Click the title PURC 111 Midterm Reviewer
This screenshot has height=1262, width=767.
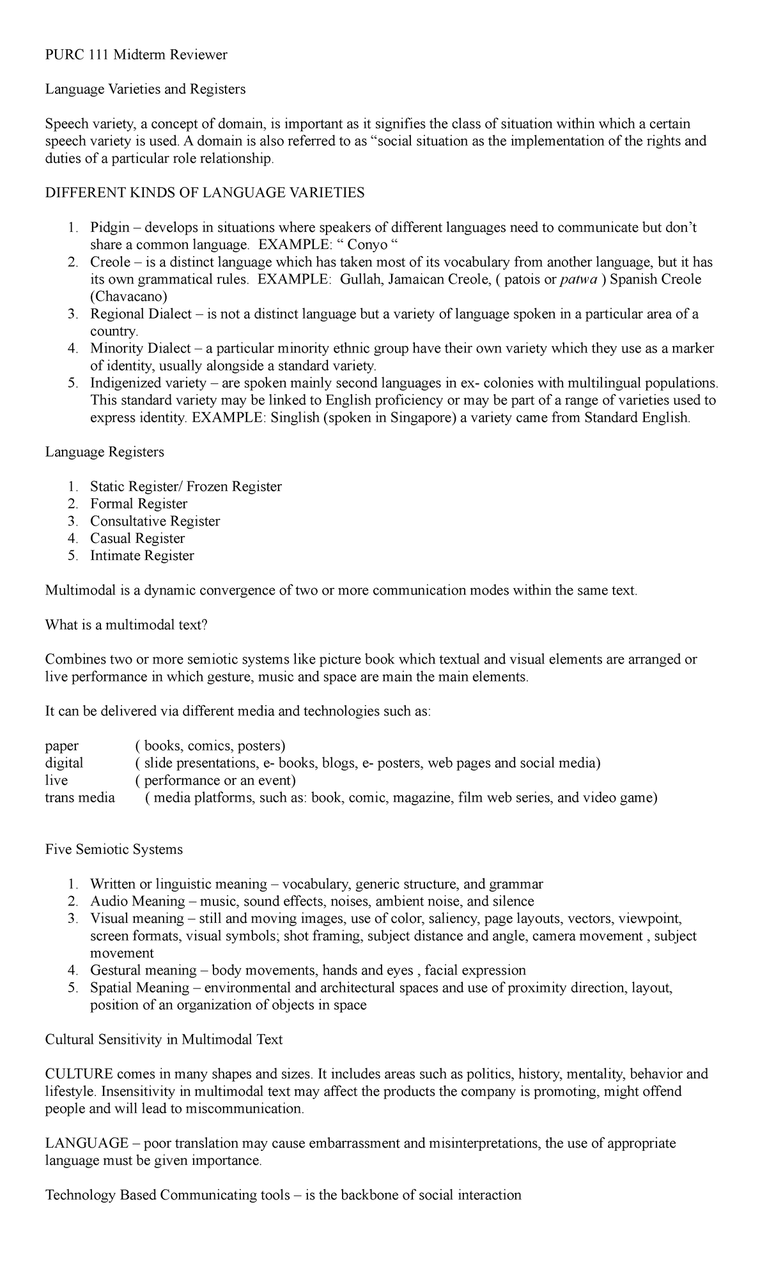click(x=136, y=55)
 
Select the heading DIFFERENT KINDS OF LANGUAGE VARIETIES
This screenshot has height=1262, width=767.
click(x=205, y=193)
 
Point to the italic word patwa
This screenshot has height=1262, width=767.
click(x=578, y=279)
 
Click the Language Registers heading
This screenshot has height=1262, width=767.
click(x=104, y=452)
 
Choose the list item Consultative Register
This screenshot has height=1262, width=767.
click(x=155, y=521)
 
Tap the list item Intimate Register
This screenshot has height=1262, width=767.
click(x=142, y=556)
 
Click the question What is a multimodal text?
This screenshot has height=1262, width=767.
click(x=127, y=625)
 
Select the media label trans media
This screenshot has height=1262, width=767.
click(x=80, y=797)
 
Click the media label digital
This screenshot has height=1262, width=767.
click(x=64, y=763)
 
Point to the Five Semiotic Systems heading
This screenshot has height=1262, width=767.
click(x=114, y=849)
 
